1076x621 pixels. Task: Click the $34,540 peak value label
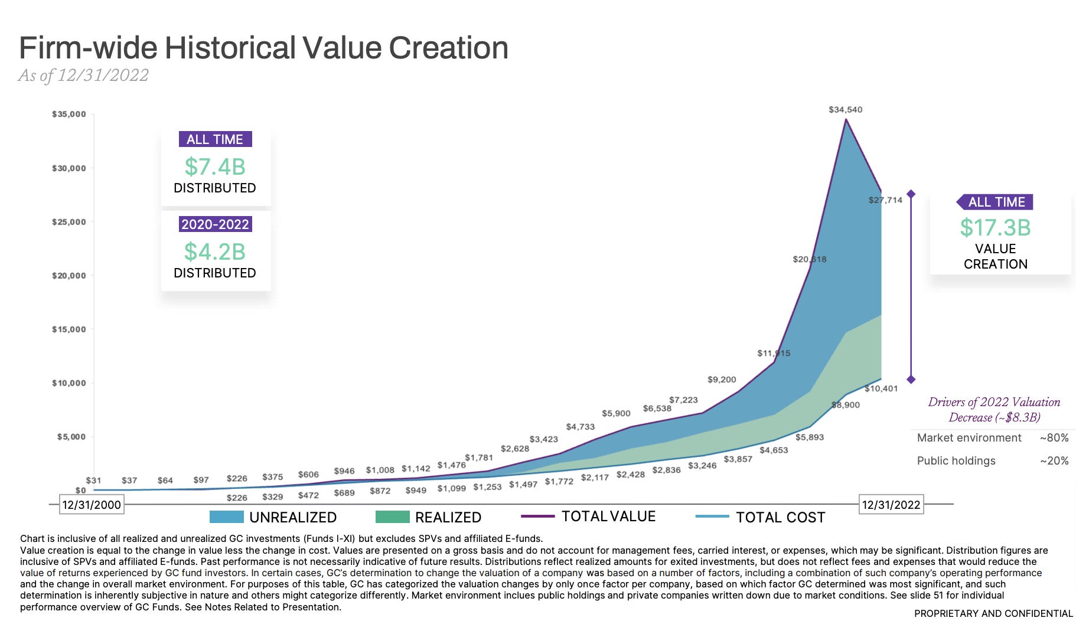[x=845, y=110]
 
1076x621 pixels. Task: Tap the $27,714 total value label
[x=885, y=200]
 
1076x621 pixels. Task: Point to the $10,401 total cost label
[x=881, y=388]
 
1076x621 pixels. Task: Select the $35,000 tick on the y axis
[x=69, y=114]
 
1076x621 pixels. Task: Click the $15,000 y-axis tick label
[x=69, y=329]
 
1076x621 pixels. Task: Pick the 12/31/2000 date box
[x=92, y=505]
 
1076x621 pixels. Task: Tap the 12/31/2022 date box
[x=891, y=505]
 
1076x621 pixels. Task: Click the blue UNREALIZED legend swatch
[x=226, y=517]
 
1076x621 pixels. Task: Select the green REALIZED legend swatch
[x=392, y=517]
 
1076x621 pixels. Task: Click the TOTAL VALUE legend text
[x=608, y=517]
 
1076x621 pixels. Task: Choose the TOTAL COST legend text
[x=780, y=518]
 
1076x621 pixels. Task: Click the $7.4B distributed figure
[x=215, y=167]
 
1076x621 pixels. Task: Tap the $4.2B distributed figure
[x=215, y=252]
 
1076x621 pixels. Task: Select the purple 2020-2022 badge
[x=215, y=224]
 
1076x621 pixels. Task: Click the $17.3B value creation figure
[x=995, y=228]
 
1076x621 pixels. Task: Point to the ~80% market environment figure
[x=1054, y=438]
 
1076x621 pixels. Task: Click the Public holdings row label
[x=956, y=461]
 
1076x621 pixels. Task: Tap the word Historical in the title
[x=230, y=48]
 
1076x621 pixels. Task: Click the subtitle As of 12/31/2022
[x=83, y=76]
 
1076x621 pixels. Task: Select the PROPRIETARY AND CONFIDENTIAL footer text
[x=993, y=613]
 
